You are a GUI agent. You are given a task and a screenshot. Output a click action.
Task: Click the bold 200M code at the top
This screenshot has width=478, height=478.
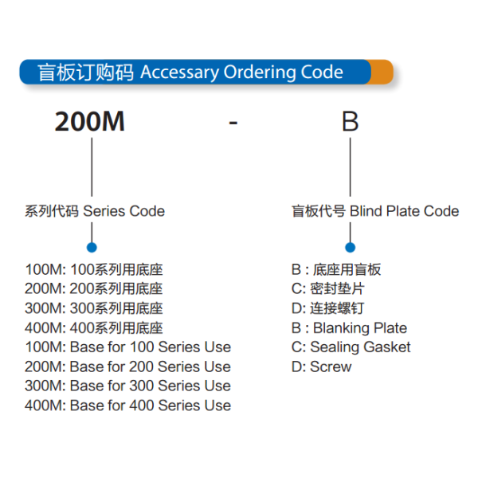[90, 121]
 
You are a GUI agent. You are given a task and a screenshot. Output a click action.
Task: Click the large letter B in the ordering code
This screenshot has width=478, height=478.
[350, 121]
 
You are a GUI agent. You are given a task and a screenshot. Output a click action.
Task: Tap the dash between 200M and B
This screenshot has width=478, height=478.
[233, 123]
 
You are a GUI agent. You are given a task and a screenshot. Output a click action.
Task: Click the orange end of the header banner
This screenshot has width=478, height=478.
[382, 72]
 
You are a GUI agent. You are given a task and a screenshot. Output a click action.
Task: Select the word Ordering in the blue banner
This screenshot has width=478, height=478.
[259, 72]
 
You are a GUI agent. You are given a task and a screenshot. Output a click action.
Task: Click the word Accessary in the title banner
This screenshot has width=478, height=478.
[179, 72]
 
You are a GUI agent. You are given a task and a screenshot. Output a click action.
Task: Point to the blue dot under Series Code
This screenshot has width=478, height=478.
[92, 247]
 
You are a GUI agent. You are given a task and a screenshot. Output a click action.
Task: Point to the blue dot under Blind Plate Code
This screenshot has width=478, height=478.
[351, 247]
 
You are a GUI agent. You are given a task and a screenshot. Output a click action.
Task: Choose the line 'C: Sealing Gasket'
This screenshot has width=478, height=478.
[351, 347]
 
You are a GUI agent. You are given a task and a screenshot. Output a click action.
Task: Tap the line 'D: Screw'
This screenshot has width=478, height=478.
[322, 366]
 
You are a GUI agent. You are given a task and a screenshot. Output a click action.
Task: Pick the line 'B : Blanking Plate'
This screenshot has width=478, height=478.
[350, 328]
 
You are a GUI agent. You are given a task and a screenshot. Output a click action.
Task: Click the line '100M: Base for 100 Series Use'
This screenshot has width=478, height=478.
[128, 347]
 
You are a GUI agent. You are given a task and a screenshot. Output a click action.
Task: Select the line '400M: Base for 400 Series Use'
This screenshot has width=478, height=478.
[128, 406]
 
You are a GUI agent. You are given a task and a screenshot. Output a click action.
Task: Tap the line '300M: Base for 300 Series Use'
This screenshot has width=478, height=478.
[128, 386]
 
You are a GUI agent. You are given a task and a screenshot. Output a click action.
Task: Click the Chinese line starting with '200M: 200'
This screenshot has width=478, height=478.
[94, 288]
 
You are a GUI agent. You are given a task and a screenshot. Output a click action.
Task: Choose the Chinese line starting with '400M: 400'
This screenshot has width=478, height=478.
[94, 328]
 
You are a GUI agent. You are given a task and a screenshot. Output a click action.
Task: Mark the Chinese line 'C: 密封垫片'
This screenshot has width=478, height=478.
[328, 288]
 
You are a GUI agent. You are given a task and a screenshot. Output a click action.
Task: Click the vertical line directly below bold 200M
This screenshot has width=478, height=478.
[92, 167]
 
